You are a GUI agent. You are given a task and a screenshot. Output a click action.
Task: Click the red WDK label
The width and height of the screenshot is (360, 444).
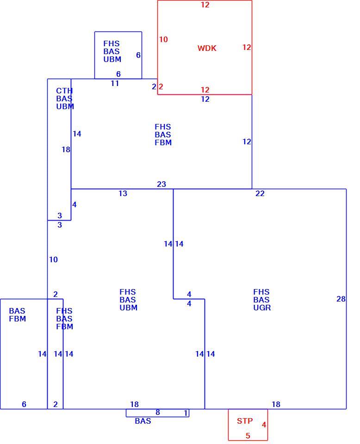point(207,48)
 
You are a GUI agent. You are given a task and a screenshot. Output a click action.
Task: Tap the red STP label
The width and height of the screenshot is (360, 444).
point(245,421)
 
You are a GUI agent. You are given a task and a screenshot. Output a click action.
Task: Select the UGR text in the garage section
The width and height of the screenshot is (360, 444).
point(262,308)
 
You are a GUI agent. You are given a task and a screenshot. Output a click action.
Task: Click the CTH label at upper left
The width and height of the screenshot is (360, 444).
point(64,91)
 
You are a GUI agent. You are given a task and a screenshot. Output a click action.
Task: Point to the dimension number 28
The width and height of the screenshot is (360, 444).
point(341,299)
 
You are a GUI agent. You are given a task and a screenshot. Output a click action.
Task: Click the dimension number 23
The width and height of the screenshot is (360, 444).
point(161,185)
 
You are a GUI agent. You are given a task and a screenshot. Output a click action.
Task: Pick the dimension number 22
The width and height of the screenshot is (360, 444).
point(260,194)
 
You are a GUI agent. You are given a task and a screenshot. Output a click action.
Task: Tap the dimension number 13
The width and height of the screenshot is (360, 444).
point(123,194)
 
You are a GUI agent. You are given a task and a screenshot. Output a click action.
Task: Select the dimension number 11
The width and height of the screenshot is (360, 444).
point(115,84)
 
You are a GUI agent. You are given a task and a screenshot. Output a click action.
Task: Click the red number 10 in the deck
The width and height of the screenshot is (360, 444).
point(163,39)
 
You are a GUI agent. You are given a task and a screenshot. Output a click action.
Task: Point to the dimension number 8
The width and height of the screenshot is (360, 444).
point(158,412)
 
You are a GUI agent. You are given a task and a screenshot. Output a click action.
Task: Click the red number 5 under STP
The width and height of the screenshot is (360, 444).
point(248,436)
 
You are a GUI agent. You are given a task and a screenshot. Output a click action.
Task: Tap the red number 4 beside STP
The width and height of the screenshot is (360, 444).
point(264,425)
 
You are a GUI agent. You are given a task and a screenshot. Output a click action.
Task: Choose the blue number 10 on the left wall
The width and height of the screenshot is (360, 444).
point(54,259)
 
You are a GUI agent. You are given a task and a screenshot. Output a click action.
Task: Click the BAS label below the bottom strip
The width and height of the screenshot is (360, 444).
point(143,421)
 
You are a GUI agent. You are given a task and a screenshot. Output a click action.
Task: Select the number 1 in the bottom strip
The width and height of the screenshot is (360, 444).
point(186,413)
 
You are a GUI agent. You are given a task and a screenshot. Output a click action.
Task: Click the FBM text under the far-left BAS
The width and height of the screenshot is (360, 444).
point(18,319)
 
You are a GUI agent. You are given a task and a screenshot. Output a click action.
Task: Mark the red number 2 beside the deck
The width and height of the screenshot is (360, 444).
point(161,86)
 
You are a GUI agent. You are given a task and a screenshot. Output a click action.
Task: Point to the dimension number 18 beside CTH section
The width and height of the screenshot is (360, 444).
point(66,149)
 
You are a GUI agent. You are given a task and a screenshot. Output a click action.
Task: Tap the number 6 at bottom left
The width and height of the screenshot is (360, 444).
point(24,404)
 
